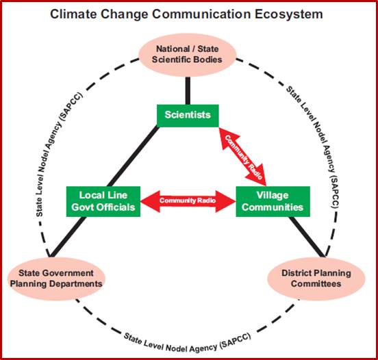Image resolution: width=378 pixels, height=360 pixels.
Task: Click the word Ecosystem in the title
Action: (289, 14)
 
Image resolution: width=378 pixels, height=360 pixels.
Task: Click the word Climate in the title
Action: (73, 14)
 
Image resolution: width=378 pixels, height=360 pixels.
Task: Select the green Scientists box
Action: (188, 116)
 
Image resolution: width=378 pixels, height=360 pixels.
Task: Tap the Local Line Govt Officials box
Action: (103, 201)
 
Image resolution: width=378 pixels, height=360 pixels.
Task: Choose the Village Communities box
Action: (273, 201)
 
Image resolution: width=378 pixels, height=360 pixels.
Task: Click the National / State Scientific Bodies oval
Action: (187, 55)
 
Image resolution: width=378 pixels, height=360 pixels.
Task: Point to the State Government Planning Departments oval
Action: (56, 279)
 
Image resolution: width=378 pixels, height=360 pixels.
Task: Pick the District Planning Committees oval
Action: (316, 279)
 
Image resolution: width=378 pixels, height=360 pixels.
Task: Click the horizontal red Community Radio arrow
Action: (188, 201)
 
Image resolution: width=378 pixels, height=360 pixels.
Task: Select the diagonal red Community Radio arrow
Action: (242, 157)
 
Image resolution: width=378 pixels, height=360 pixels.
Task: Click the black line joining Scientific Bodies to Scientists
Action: (188, 90)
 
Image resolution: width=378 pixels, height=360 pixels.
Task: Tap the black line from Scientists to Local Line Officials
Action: (133, 157)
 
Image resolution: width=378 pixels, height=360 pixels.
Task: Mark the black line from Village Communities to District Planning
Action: (307, 237)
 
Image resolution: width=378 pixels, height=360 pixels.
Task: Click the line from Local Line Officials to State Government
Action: (68, 237)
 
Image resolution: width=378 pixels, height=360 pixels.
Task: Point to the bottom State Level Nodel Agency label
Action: (188, 343)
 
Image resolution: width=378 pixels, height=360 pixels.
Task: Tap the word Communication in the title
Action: (201, 14)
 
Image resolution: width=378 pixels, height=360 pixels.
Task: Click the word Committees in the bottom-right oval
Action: (316, 283)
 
